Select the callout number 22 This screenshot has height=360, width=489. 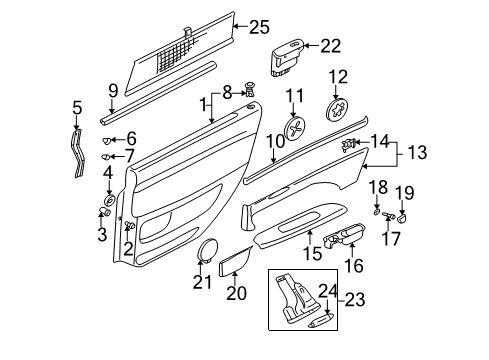[x=329, y=44]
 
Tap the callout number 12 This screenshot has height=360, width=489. [x=340, y=77]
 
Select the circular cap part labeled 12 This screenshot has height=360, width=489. [x=340, y=110]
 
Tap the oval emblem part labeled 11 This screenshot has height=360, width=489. [x=296, y=129]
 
